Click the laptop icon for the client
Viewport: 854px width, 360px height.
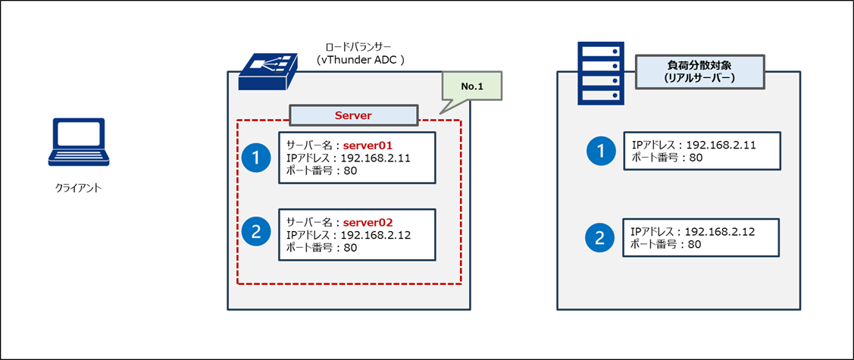(79, 142)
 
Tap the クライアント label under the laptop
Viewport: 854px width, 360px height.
(79, 189)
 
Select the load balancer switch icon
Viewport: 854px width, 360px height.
(269, 72)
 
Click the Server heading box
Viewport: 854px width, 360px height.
(353, 116)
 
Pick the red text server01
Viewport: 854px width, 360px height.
(368, 146)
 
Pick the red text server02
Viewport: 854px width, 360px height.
(368, 222)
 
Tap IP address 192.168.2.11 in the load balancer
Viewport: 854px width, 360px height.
(375, 158)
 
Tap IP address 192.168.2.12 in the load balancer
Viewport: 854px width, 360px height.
(375, 235)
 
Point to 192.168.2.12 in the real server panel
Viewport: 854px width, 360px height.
(720, 231)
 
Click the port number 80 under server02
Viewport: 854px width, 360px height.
(352, 248)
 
